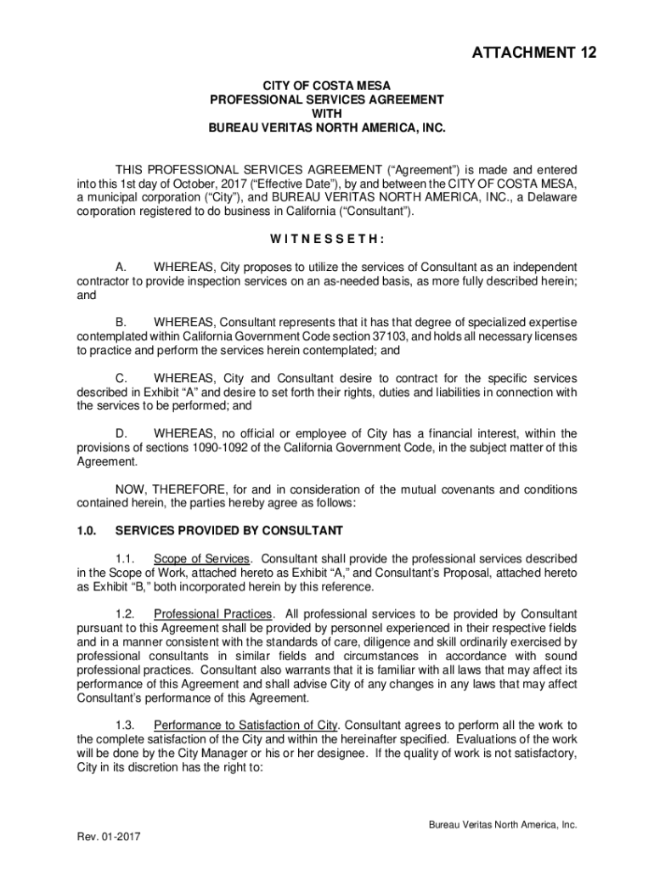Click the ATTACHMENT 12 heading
click(534, 54)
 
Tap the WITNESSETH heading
click(327, 239)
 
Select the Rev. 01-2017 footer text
click(109, 836)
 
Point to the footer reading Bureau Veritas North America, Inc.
click(503, 824)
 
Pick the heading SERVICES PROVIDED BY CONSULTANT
click(229, 531)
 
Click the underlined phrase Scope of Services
click(202, 559)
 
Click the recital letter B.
click(121, 322)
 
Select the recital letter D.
click(121, 433)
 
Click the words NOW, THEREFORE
click(161, 489)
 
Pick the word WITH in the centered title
click(327, 113)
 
